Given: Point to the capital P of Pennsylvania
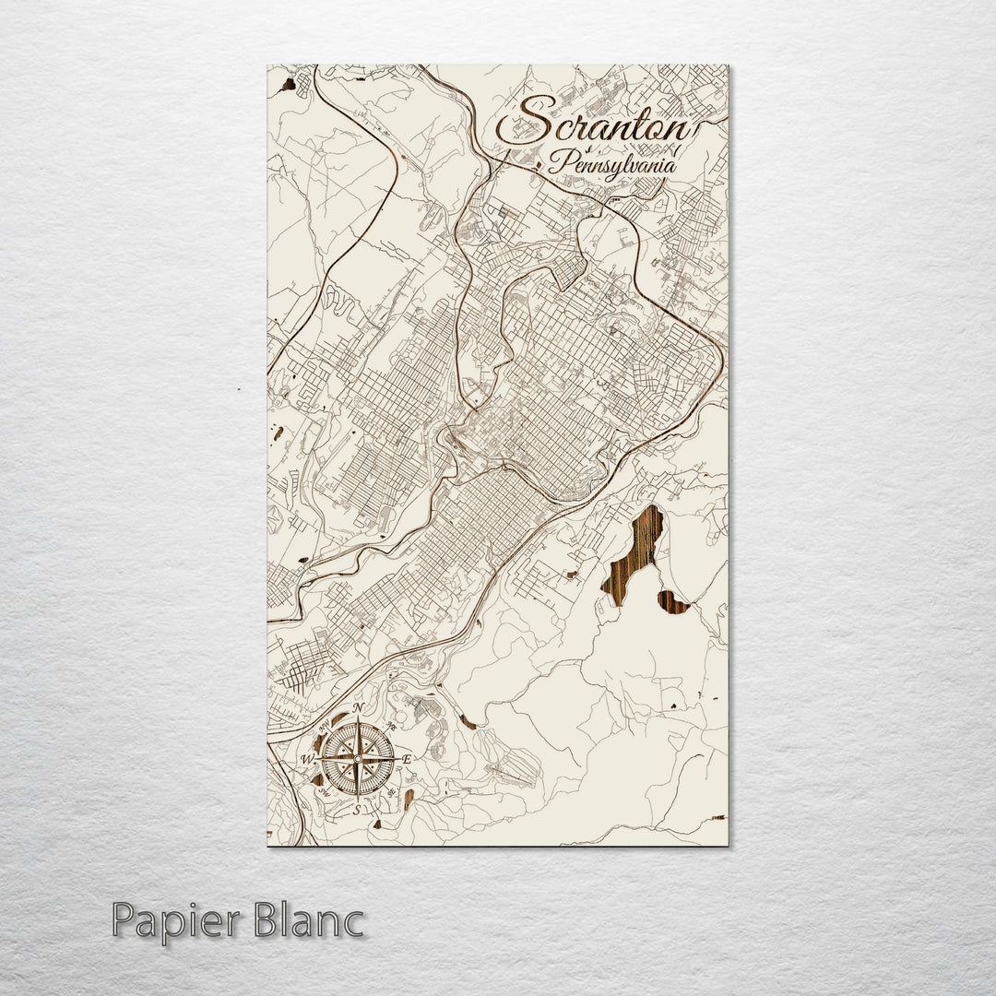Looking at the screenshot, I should pos(558,162).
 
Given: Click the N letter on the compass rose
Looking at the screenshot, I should pos(359,708).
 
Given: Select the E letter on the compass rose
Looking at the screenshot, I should pos(407,759).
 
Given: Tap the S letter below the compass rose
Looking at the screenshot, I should pos(357,810).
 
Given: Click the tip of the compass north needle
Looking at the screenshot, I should pos(358,720).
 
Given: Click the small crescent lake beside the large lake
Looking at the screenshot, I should pos(674,604).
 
